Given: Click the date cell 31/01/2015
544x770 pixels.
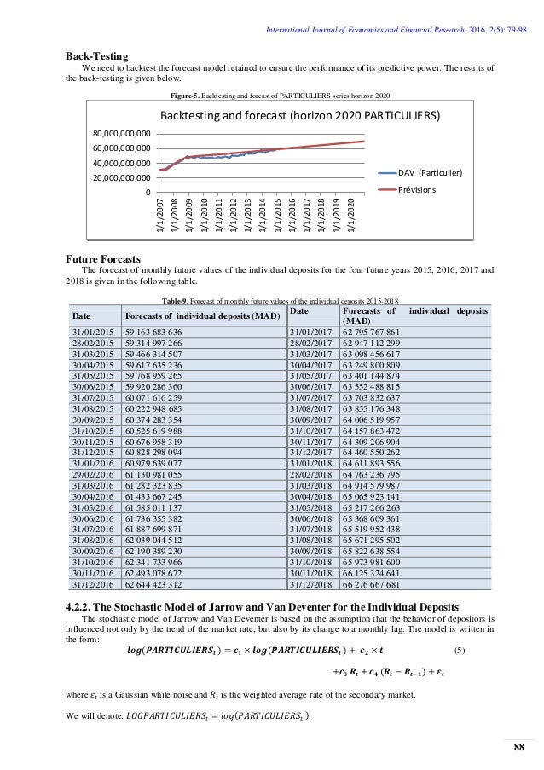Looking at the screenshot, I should (x=94, y=332).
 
